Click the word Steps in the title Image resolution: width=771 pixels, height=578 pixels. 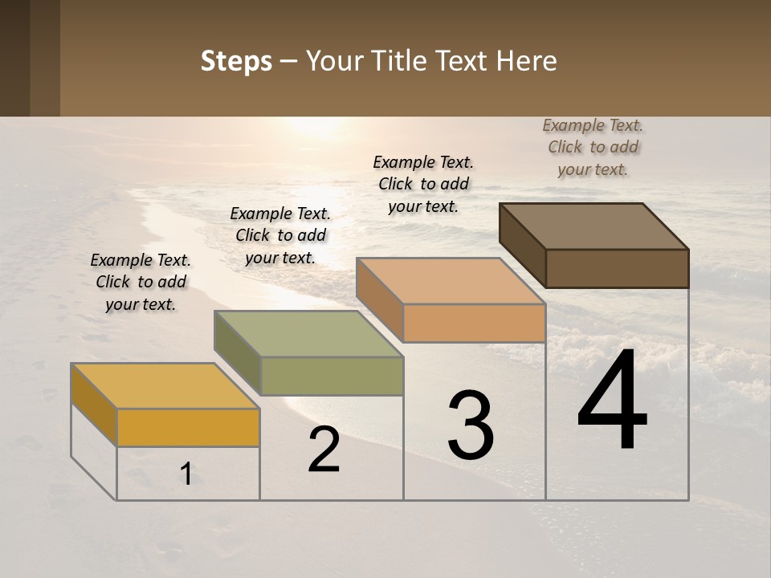(236, 62)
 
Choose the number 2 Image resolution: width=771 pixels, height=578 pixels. (324, 450)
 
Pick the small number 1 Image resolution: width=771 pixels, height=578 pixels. (186, 474)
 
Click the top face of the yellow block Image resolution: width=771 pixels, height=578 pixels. (165, 386)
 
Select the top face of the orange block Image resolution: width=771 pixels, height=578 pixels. (451, 281)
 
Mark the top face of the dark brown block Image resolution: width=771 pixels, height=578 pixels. (594, 226)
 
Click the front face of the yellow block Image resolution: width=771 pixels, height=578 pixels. (188, 427)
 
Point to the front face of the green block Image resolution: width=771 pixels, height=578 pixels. (332, 376)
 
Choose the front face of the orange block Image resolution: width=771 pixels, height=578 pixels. (474, 323)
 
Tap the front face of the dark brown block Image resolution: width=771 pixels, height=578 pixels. (617, 268)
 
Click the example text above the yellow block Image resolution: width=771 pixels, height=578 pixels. (141, 282)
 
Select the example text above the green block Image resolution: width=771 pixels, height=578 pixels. (280, 235)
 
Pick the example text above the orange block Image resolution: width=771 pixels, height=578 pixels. (423, 184)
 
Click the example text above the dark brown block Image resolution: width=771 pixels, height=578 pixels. (593, 147)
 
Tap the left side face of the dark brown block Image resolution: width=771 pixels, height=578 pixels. (522, 245)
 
